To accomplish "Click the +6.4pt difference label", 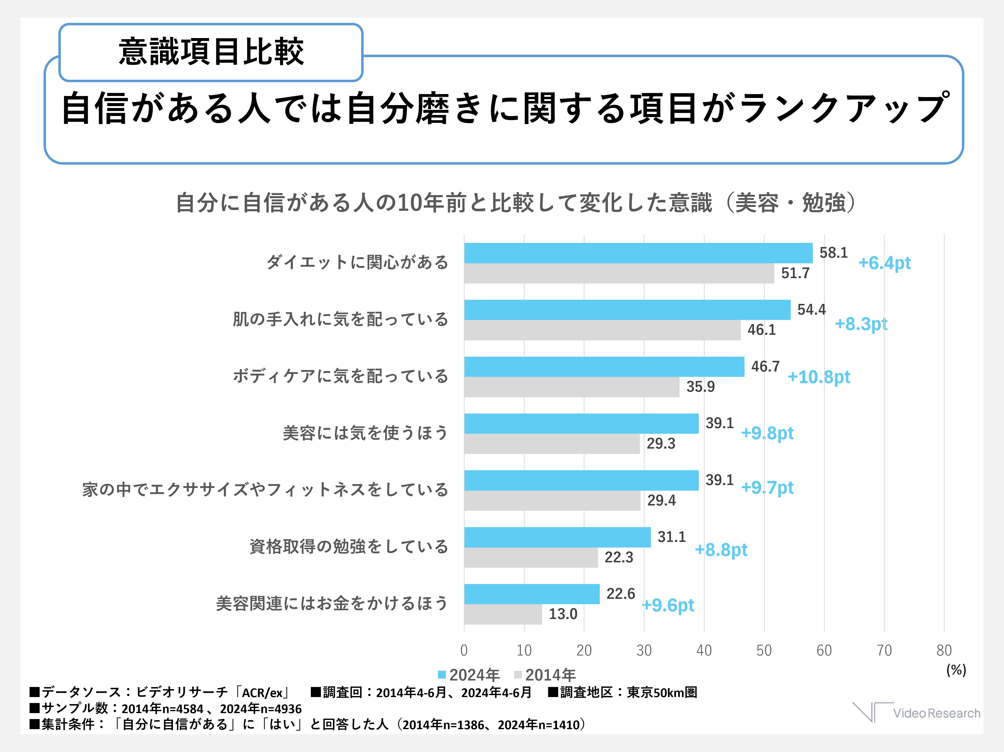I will pyautogui.click(x=884, y=263).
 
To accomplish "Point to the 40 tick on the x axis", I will pyautogui.click(x=704, y=650).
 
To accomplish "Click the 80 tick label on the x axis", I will pyautogui.click(x=944, y=650).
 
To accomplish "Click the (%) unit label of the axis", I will pyautogui.click(x=956, y=670).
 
